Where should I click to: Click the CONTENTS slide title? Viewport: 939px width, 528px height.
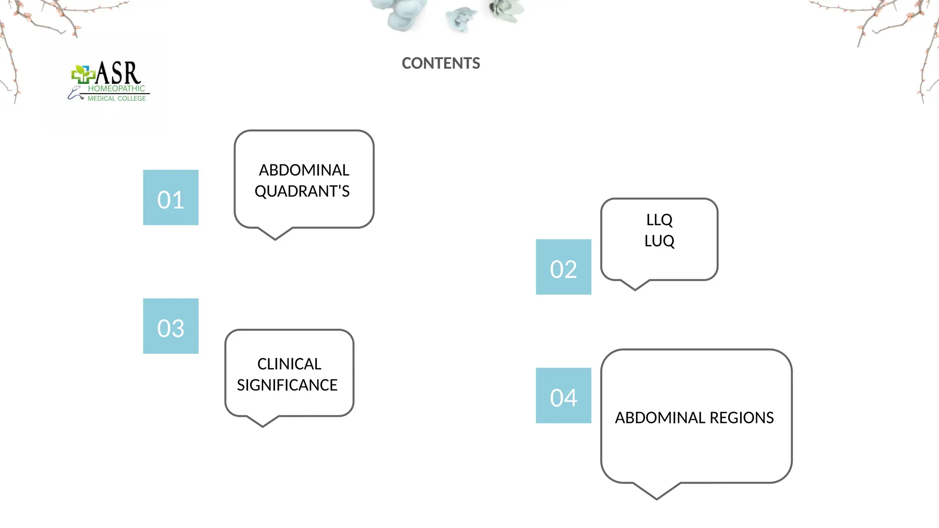tap(441, 63)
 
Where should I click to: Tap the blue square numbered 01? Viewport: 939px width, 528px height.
tap(171, 198)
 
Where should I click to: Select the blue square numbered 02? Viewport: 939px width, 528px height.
tap(563, 267)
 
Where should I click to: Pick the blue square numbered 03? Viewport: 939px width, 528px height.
tap(171, 326)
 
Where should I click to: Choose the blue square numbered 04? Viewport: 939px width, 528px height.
tap(563, 396)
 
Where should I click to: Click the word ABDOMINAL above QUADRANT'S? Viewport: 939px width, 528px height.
tap(304, 170)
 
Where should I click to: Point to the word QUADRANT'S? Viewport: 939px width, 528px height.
tap(302, 191)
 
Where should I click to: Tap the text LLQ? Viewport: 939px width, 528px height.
tap(659, 220)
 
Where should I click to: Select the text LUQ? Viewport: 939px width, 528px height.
tap(659, 241)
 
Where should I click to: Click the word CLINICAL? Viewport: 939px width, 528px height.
tap(289, 364)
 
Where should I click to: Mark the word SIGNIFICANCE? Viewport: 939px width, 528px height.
tap(287, 385)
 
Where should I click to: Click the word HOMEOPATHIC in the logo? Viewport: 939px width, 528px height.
tap(116, 88)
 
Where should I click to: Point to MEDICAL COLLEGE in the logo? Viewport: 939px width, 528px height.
tap(116, 99)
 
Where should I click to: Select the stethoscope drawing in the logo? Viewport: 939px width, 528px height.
tap(74, 94)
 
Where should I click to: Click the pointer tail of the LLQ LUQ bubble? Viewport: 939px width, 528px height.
tap(635, 285)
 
